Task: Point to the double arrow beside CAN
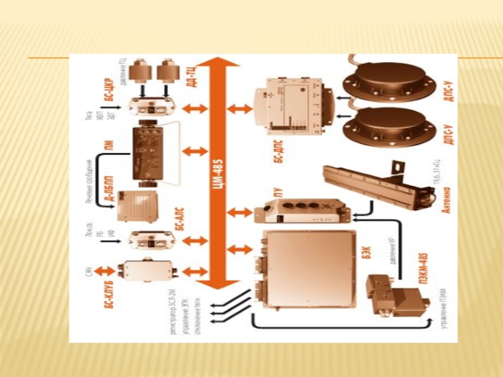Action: [x=108, y=270]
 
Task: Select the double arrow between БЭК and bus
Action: [x=239, y=250]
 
